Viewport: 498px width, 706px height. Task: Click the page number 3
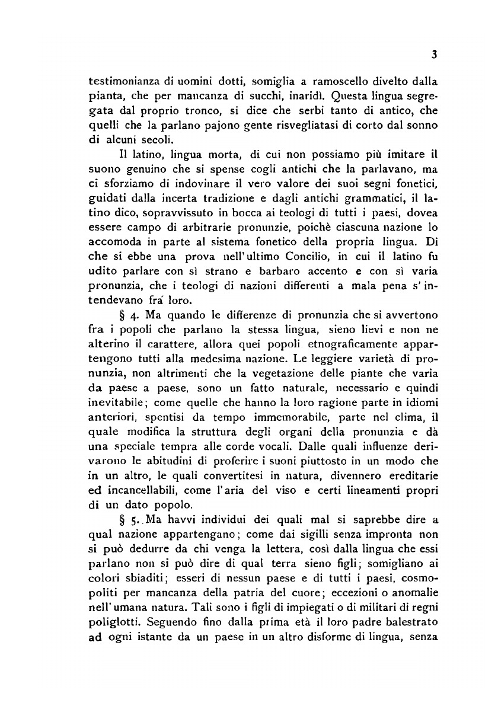tap(434, 55)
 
